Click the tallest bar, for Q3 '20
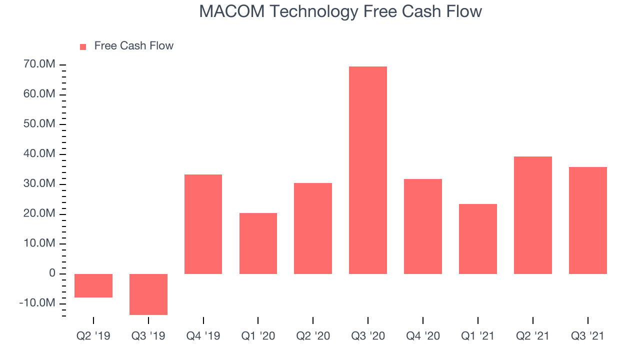coord(368,170)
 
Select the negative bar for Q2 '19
coord(93,285)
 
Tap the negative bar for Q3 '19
coord(148,294)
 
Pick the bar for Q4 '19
coord(203,224)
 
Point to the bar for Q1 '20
coord(258,243)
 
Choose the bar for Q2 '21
coord(533,215)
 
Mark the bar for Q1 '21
coord(478,239)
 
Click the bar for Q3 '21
coord(588,220)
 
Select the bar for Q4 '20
coord(423,226)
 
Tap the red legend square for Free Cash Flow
coord(83,47)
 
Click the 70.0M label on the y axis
coord(39,64)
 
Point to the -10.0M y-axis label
coord(37,303)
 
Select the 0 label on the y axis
coord(52,273)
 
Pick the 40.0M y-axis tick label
coord(39,153)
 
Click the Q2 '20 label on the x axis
coord(313,336)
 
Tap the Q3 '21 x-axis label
coord(587,336)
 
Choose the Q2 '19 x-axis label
coord(93,336)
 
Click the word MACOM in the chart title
coord(232,11)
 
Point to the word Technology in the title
coord(313,12)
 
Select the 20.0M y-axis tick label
coord(39,213)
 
